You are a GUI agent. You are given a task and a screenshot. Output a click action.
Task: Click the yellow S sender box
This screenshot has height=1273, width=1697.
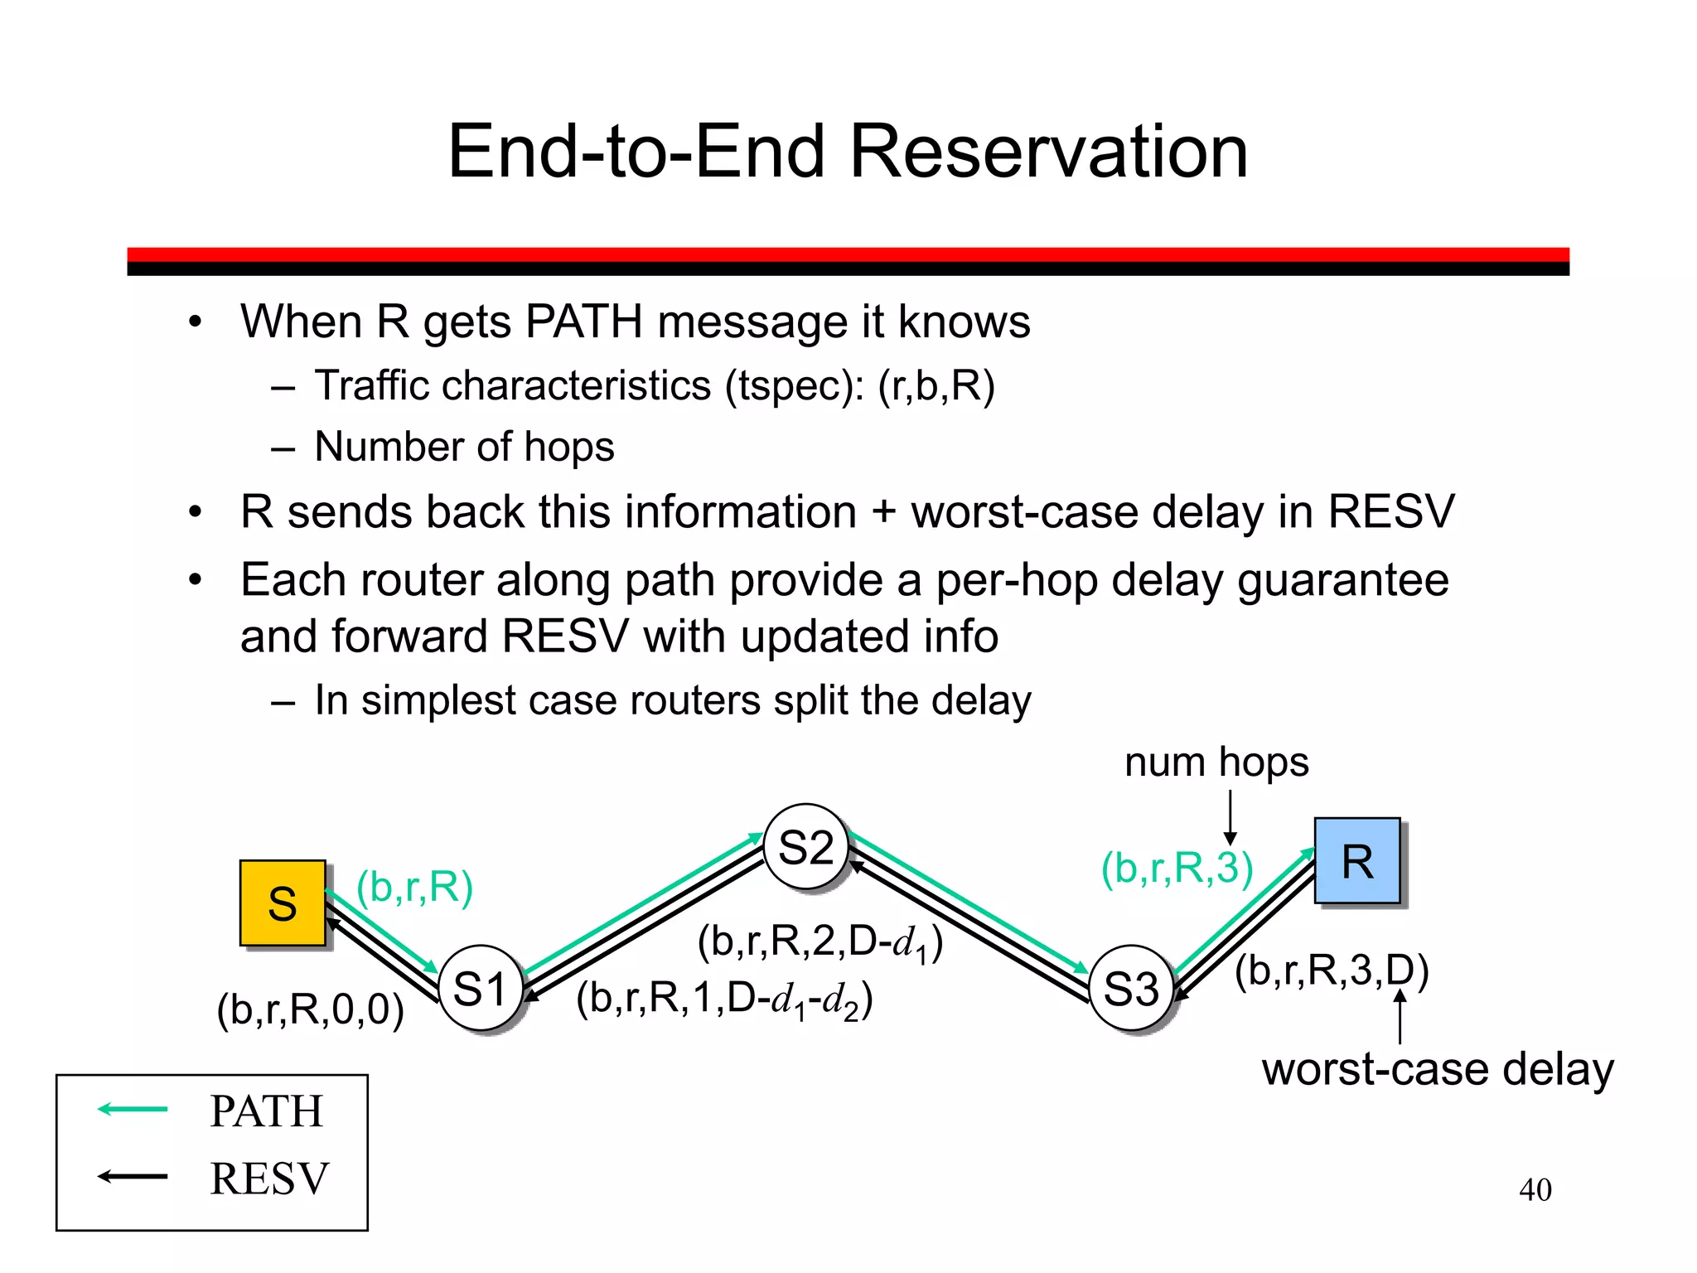click(282, 903)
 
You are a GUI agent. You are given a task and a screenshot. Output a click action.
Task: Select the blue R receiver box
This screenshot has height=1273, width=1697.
click(1356, 861)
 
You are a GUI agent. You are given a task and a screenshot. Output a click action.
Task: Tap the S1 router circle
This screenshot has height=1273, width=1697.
click(480, 989)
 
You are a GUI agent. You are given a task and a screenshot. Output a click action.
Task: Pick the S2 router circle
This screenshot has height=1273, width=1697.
click(805, 847)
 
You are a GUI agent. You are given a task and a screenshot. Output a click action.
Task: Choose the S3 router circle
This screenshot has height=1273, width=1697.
click(1131, 989)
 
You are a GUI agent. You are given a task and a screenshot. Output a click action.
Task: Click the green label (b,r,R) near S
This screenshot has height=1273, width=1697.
click(414, 888)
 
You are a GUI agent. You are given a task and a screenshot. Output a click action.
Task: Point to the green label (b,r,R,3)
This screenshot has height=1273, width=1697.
click(1176, 868)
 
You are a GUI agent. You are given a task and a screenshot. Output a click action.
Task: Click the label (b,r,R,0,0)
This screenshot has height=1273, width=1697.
click(310, 1009)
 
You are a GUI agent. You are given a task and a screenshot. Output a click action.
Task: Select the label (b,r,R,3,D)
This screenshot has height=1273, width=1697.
click(1331, 970)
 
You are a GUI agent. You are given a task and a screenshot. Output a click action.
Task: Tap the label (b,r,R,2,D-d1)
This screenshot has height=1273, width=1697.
click(819, 943)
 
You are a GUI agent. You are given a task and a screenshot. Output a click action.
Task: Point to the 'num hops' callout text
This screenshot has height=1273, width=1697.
click(1216, 762)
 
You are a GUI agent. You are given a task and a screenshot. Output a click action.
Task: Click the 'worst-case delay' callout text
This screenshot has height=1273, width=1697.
click(1438, 1069)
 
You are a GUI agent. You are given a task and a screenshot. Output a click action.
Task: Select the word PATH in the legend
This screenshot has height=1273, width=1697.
click(266, 1111)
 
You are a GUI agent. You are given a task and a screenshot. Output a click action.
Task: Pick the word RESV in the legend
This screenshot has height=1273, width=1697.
click(269, 1179)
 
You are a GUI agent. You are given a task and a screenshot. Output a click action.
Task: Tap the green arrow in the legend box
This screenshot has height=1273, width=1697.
click(133, 1109)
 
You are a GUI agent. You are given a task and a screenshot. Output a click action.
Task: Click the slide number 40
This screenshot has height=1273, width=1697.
click(1535, 1190)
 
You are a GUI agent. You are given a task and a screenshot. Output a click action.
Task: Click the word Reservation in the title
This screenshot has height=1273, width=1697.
click(1048, 152)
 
